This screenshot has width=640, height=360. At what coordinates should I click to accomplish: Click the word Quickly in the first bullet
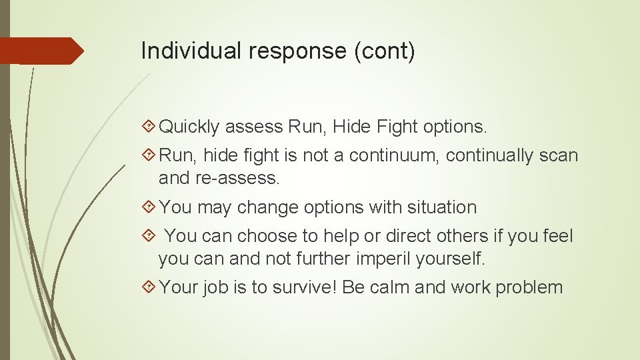(189, 126)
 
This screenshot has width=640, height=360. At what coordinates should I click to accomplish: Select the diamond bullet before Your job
(149, 288)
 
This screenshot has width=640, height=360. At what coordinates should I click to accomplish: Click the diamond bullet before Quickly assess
(149, 126)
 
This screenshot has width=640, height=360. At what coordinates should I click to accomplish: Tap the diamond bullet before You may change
(149, 207)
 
